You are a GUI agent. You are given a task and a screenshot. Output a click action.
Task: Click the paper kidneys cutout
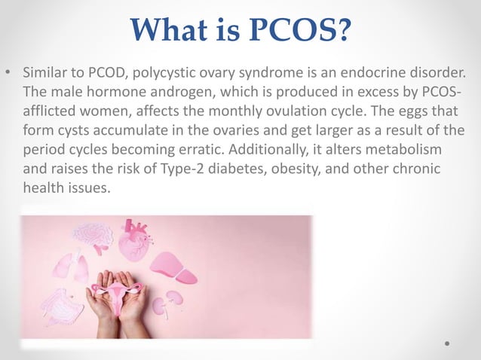tap(168, 301)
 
